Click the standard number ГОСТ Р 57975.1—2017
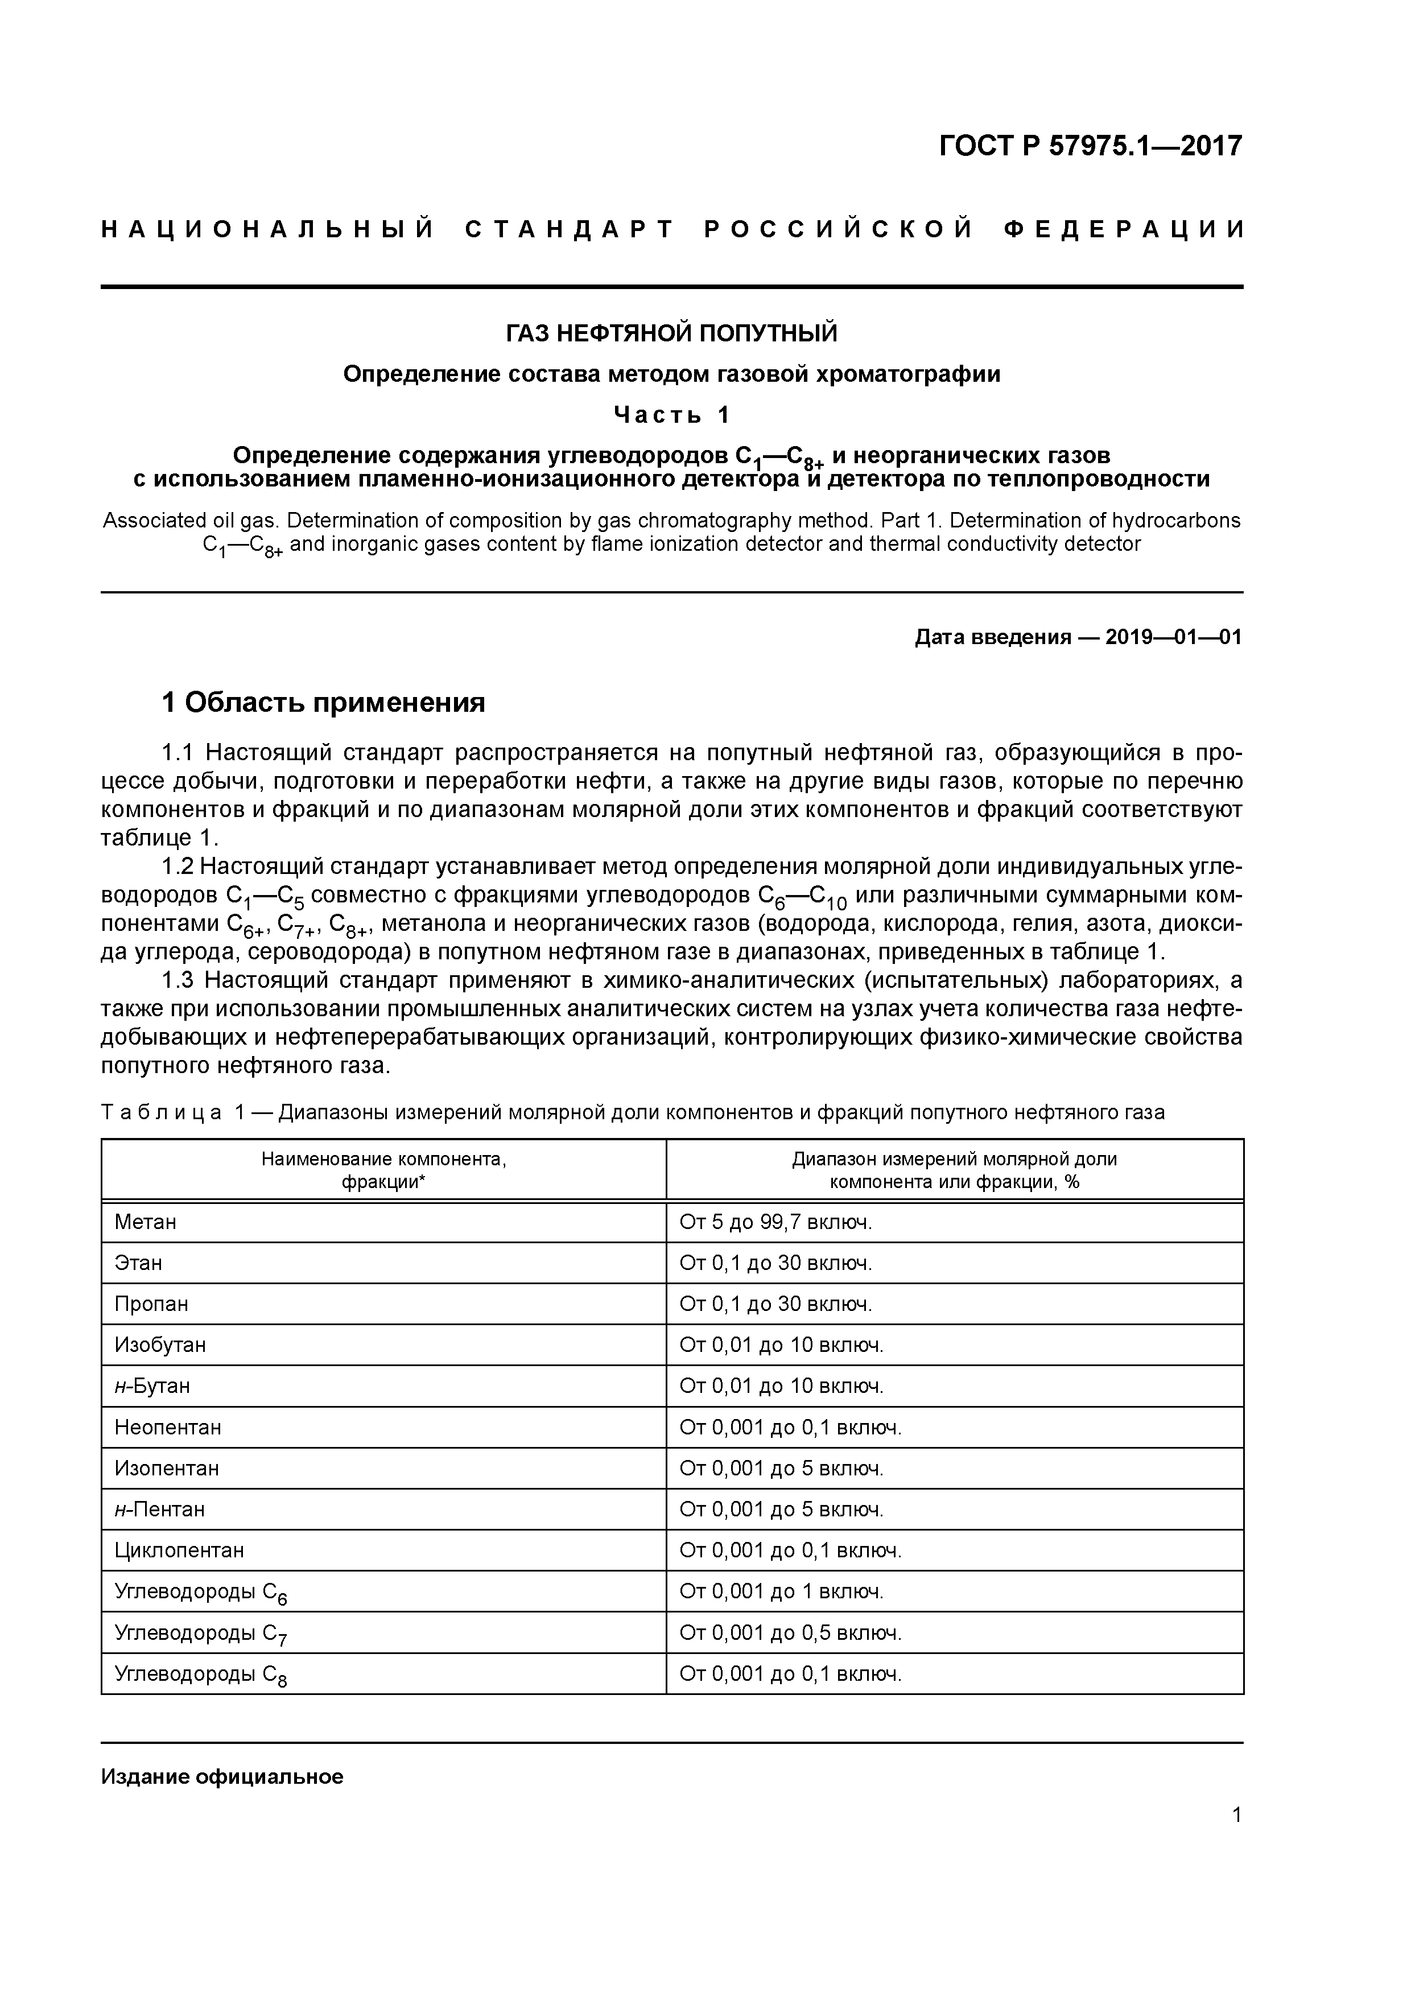point(1090,146)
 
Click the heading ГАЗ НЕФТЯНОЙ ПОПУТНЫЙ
point(671,333)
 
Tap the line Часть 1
point(671,415)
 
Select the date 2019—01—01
point(1173,637)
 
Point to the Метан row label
point(145,1222)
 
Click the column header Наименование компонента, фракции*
point(383,1170)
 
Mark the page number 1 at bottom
point(1236,1815)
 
